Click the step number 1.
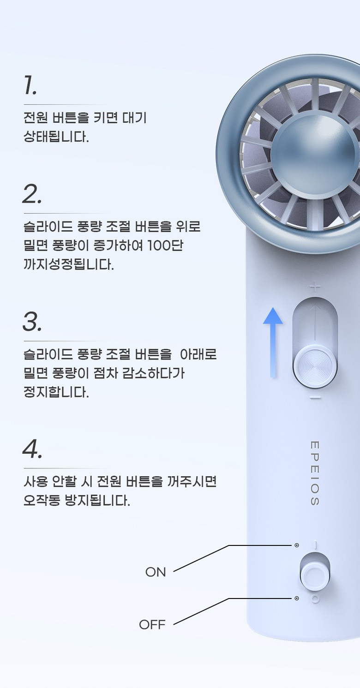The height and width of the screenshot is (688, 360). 30,85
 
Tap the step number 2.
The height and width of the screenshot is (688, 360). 32,194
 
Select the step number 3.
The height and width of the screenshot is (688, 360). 32,322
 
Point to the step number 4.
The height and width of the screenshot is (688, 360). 32,449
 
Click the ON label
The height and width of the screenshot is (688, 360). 156,572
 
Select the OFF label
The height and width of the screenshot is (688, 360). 152,624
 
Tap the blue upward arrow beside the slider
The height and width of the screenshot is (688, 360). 273,342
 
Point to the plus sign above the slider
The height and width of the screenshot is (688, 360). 315,287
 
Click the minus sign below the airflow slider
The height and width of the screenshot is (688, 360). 315,398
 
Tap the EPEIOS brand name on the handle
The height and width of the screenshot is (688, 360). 315,473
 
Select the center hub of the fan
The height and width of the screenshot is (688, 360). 315,156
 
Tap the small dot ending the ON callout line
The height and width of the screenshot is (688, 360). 296,545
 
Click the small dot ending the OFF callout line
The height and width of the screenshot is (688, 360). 296,598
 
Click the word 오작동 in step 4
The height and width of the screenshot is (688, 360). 42,500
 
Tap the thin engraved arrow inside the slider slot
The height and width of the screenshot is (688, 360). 315,322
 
